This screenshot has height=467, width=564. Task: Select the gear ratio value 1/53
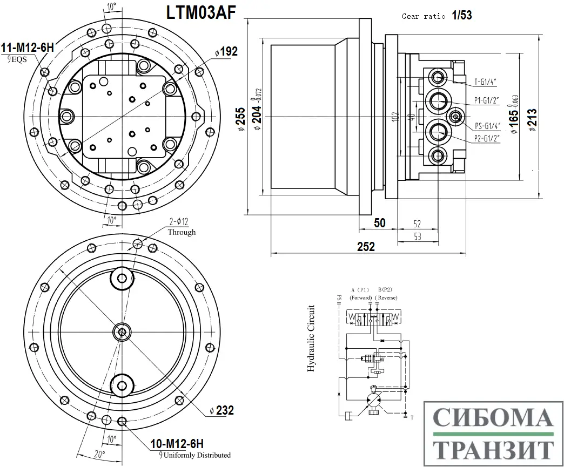click(462, 16)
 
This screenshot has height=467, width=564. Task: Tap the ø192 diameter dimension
click(226, 52)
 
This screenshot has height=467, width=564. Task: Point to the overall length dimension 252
click(366, 247)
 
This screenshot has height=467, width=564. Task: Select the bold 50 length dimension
click(379, 222)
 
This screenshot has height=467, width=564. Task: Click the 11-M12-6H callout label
click(27, 48)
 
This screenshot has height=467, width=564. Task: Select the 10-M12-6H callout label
click(177, 444)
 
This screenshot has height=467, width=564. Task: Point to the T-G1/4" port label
click(485, 82)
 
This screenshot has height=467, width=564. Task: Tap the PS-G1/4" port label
click(488, 126)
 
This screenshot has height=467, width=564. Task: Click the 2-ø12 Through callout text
click(182, 227)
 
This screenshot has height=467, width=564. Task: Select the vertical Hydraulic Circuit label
click(311, 339)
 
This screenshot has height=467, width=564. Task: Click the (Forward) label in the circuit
click(360, 298)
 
